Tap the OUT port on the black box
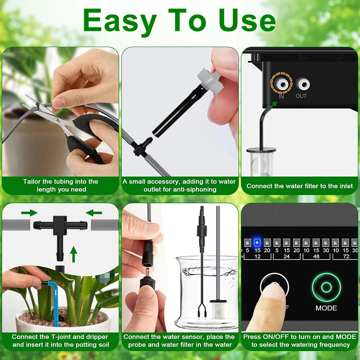coord(302,84)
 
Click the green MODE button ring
coord(326,287)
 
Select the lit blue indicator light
coord(257,242)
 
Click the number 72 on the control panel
coord(346,256)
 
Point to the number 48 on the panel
coord(316,256)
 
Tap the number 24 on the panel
coord(287,256)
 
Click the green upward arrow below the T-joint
coord(73,254)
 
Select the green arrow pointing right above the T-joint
coord(30,213)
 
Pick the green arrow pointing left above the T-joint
coord(94,213)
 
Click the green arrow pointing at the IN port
coord(273,105)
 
